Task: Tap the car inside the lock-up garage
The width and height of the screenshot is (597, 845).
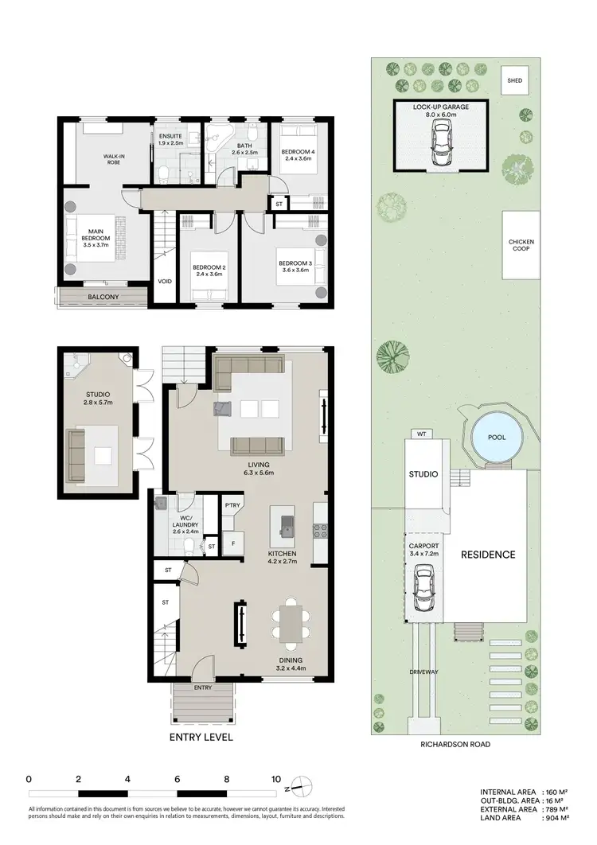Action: point(439,146)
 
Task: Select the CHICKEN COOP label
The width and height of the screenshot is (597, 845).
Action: point(521,246)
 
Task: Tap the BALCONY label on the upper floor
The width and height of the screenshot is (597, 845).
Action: point(103,297)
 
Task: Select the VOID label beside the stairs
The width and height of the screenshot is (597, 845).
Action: point(166,281)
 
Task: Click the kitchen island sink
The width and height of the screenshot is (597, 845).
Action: point(284,525)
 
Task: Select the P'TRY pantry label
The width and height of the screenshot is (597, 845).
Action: point(232,505)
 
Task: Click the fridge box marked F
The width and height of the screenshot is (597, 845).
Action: point(232,545)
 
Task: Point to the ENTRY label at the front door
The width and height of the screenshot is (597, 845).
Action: point(203,687)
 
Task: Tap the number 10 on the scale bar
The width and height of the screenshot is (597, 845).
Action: point(276,779)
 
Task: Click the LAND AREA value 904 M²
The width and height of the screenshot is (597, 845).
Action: point(556,817)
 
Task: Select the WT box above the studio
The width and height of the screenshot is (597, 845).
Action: point(420,434)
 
